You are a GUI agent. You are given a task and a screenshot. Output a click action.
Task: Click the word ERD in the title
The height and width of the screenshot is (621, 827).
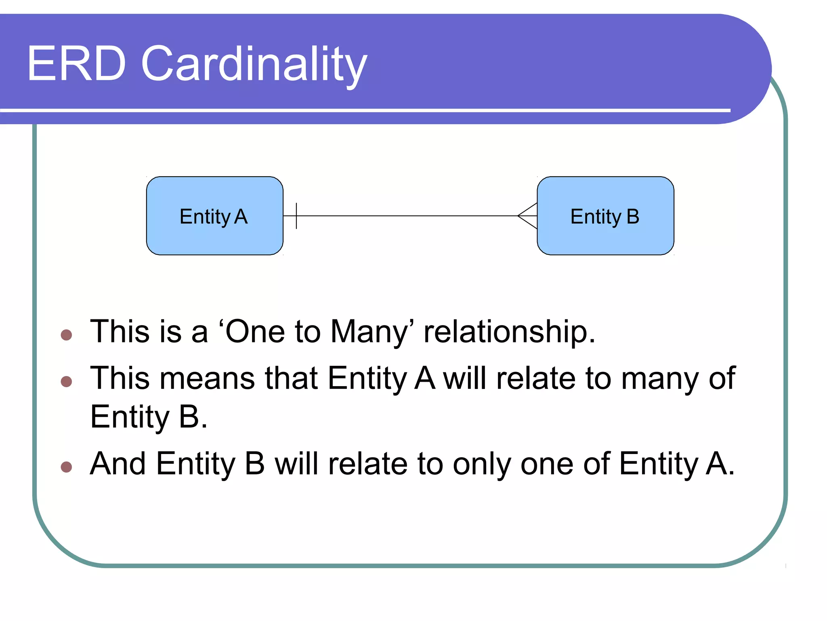77,64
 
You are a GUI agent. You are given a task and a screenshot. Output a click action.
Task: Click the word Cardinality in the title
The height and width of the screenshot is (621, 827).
254,65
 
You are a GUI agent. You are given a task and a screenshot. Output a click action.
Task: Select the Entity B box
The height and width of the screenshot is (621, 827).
605,239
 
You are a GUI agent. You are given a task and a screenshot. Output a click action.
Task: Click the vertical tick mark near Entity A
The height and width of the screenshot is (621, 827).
296,216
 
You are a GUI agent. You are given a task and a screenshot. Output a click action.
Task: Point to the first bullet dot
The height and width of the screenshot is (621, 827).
66,335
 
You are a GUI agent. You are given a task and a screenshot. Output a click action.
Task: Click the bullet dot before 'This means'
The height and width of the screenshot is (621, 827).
66,381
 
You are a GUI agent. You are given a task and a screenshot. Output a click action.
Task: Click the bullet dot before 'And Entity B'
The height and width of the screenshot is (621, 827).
66,467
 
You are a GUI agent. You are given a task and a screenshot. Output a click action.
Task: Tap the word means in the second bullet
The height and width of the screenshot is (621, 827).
207,378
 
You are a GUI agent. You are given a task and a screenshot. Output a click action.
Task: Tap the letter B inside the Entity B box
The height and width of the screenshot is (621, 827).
633,216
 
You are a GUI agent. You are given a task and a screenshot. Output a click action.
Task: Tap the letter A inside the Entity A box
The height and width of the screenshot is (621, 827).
241,216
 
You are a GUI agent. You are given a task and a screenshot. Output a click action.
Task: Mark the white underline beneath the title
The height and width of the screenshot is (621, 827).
363,110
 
